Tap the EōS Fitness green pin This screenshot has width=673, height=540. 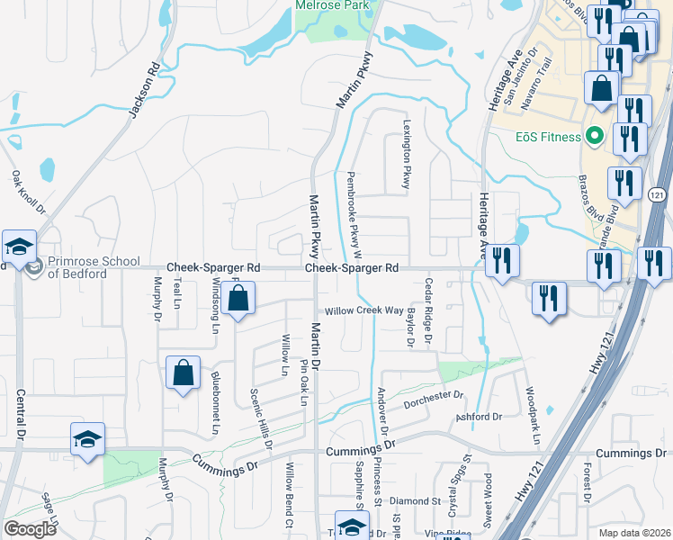click(x=593, y=137)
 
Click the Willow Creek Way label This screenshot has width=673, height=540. click(x=364, y=310)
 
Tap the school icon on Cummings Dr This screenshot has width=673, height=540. click(x=87, y=441)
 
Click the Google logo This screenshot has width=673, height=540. click(x=30, y=529)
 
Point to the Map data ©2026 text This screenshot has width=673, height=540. click(x=634, y=533)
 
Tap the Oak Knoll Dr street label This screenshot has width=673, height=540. click(x=28, y=193)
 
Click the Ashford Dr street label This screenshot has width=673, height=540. click(x=478, y=418)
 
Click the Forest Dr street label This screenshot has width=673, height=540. click(x=587, y=484)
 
